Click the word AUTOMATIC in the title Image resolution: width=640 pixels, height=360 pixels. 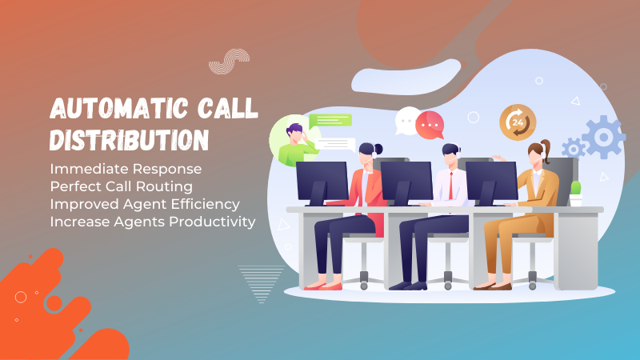pyautogui.click(x=118, y=108)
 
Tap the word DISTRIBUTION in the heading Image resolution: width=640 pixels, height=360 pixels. pyautogui.click(x=130, y=140)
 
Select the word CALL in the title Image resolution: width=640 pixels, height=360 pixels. pyautogui.click(x=228, y=108)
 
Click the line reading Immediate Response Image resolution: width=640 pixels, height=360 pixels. pyautogui.click(x=126, y=169)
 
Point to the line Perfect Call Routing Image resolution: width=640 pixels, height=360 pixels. pyautogui.click(x=122, y=186)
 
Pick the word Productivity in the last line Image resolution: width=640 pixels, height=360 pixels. pyautogui.click(x=212, y=222)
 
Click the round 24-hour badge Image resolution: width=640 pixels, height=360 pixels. pyautogui.click(x=518, y=122)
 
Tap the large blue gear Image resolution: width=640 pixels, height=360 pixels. pyautogui.click(x=603, y=137)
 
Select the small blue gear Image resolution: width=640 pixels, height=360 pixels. pyautogui.click(x=574, y=149)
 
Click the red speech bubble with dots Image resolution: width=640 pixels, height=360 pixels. pyautogui.click(x=430, y=125)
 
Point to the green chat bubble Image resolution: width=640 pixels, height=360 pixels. pyautogui.click(x=330, y=121)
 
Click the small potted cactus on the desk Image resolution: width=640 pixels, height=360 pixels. pyautogui.click(x=575, y=194)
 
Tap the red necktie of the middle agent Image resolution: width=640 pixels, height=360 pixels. pyautogui.click(x=451, y=186)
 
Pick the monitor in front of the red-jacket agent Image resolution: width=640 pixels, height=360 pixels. pyautogui.click(x=322, y=183)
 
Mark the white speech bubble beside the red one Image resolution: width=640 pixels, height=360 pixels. pyautogui.click(x=406, y=121)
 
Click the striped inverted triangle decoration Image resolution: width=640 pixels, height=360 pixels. pyautogui.click(x=262, y=284)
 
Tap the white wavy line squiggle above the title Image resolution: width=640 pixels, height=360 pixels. pyautogui.click(x=229, y=62)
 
